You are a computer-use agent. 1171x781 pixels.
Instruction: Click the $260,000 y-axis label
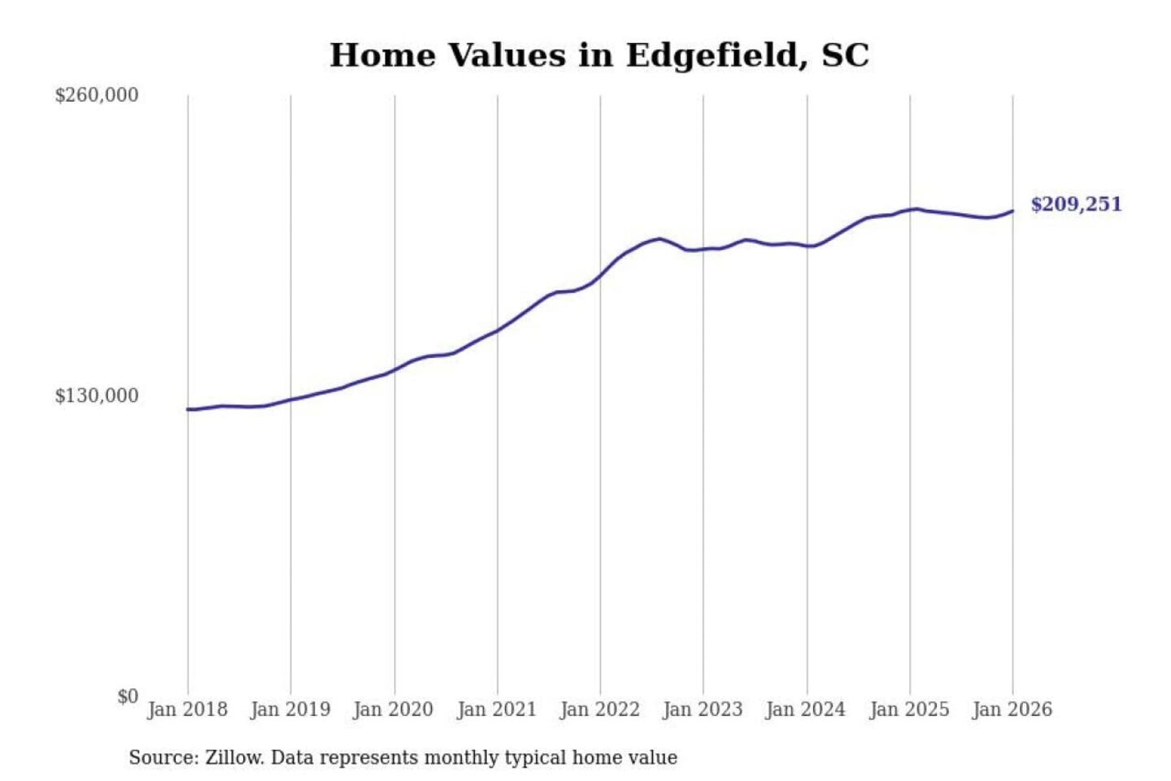coord(96,95)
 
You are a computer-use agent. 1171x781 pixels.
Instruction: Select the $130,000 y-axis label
coord(96,396)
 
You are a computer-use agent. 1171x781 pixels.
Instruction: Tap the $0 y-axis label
coord(127,696)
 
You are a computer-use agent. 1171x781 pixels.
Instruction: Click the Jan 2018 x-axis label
coord(187,709)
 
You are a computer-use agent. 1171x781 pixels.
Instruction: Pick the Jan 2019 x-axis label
coord(290,709)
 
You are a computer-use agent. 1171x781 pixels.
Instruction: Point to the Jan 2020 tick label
coord(394,709)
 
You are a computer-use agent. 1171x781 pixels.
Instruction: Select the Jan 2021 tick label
coord(497,709)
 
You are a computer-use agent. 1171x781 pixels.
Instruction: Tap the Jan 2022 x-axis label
coord(600,709)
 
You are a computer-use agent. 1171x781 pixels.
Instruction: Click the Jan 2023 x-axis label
coord(703,709)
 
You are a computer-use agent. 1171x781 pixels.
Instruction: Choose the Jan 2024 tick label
coord(806,709)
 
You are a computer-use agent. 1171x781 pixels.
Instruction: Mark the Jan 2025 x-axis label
coord(909,709)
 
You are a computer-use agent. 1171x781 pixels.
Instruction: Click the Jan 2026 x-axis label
coord(1012,709)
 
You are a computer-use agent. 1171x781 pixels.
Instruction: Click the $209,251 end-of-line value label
coord(1076,204)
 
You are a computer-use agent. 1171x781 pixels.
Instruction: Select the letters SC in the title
coord(845,55)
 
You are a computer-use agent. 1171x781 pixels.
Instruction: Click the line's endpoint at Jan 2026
coord(1012,212)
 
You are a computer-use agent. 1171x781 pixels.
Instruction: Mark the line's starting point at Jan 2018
coord(188,409)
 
